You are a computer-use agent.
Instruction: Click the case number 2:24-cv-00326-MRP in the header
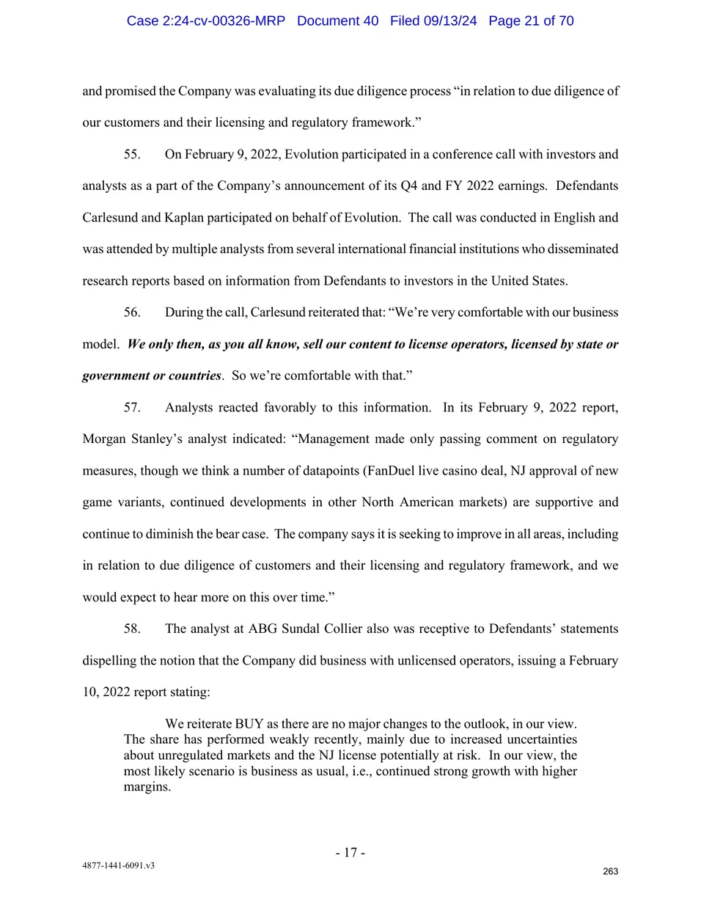205,21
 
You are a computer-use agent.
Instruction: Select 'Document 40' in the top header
337,21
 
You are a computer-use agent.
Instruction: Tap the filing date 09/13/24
449,21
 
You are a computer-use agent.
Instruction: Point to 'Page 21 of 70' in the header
531,21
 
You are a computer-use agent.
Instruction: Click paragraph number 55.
132,154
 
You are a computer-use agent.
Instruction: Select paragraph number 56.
132,312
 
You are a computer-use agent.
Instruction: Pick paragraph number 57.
132,407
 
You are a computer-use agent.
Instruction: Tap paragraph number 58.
132,629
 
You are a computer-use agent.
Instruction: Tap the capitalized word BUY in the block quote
249,724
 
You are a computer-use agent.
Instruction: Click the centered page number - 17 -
350,852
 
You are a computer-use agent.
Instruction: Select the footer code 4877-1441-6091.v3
118,865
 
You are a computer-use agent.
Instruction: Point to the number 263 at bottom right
610,871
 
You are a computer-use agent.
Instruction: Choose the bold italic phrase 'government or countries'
152,376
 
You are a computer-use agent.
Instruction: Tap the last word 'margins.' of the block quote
147,787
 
